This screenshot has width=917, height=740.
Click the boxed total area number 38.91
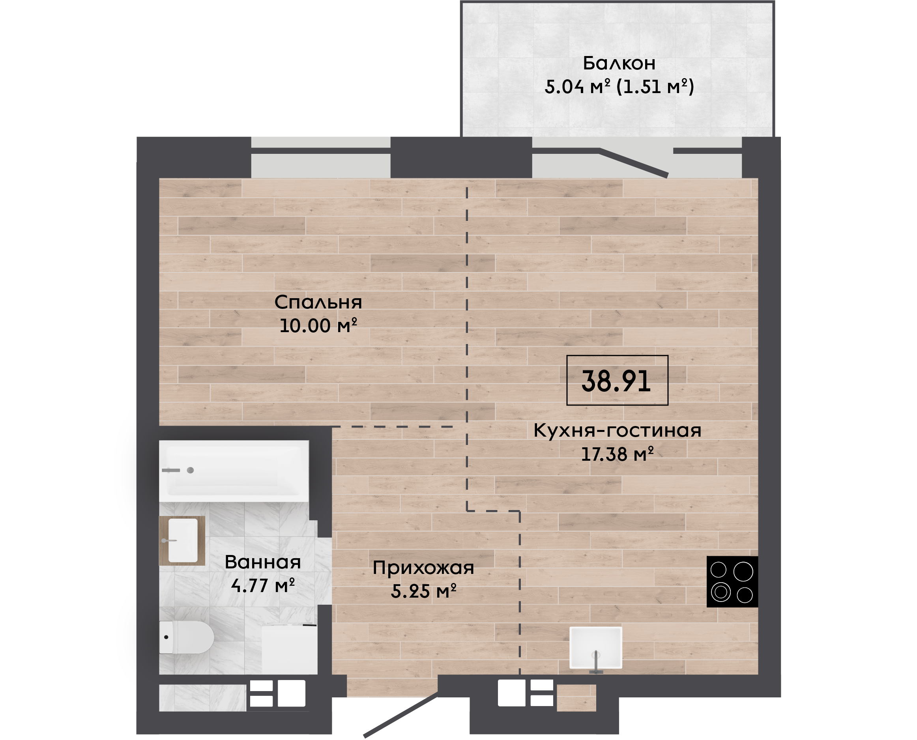[x=616, y=381]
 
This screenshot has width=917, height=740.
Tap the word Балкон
[x=619, y=63]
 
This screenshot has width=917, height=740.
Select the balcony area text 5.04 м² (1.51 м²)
[x=619, y=86]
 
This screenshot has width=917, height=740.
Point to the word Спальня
[x=318, y=302]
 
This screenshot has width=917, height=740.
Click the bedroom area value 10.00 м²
[x=318, y=326]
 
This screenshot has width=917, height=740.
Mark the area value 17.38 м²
[x=617, y=454]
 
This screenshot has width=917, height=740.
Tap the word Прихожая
[x=423, y=568]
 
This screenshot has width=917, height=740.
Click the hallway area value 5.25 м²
[x=423, y=591]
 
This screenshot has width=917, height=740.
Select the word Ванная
[x=263, y=562]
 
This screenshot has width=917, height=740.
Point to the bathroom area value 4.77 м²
[x=263, y=586]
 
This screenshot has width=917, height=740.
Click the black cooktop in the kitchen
[x=732, y=581]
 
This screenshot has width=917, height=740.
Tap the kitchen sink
[x=596, y=648]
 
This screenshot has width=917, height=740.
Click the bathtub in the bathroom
[x=234, y=471]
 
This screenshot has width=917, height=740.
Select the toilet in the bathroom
[x=186, y=637]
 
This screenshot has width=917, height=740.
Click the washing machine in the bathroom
[x=290, y=649]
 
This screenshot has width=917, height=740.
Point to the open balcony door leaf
[x=634, y=163]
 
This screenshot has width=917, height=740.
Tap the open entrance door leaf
[x=401, y=715]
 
